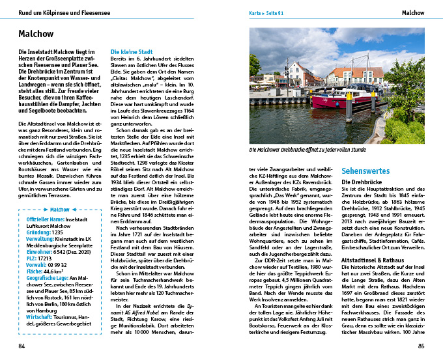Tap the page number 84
[22, 346]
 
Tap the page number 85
[422, 346]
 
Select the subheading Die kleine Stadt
[132, 51]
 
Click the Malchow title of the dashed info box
[59, 210]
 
